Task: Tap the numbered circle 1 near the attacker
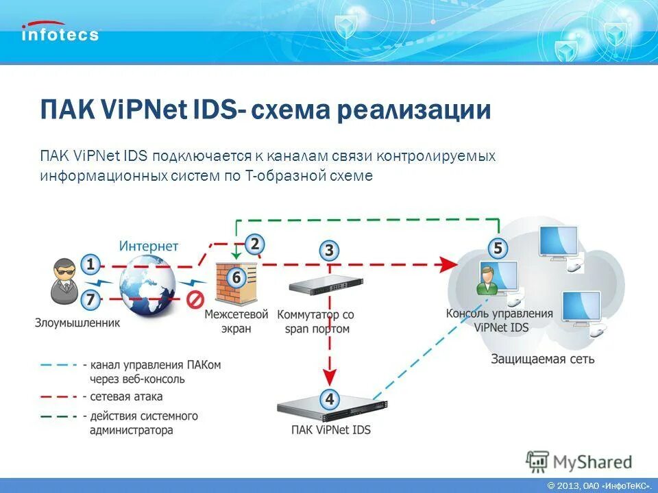tap(90, 264)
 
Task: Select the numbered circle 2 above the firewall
tap(254, 244)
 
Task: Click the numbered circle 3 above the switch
tap(329, 250)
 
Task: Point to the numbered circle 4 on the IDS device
tap(330, 399)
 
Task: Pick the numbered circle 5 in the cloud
tap(498, 249)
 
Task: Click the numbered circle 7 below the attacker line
tap(90, 299)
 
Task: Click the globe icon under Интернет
tap(148, 285)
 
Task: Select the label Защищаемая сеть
tap(543, 359)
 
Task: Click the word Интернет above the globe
tap(149, 246)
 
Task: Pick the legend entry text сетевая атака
tap(127, 396)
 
